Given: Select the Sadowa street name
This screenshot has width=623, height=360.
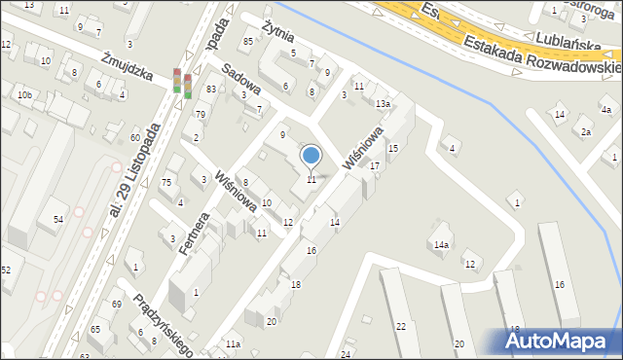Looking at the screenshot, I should coord(242,85).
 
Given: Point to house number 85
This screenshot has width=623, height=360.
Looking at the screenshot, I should coord(248,41).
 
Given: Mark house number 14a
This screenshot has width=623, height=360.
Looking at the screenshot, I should coord(442,245).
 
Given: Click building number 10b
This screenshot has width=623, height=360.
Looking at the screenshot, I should coord(23,94).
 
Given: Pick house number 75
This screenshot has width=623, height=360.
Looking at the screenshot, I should coord(166,183).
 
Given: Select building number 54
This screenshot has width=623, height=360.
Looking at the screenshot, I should coord(58,221).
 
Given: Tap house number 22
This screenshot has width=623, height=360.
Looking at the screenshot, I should coord(401,326).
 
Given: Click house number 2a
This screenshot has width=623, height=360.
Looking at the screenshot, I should coord(586,132).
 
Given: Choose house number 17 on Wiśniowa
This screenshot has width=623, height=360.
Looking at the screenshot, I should coord(374,166).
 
